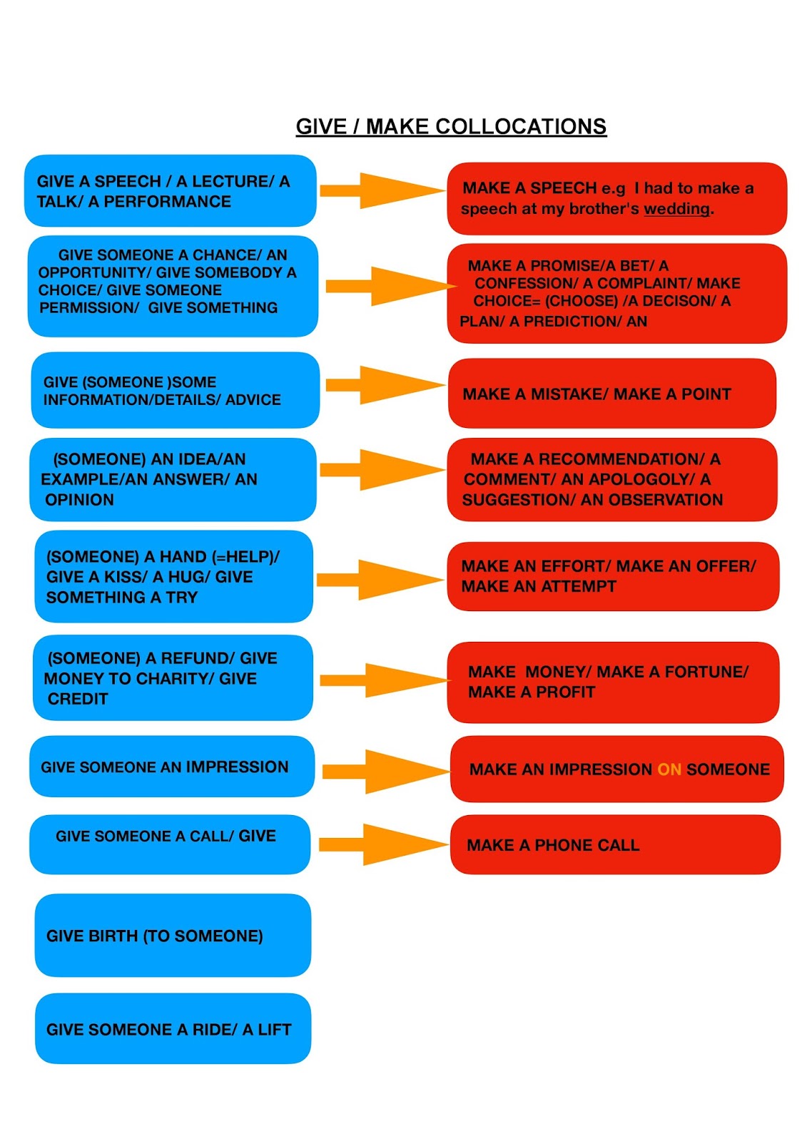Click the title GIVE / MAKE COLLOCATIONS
(x=451, y=127)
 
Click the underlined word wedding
(x=676, y=209)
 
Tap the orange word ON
(x=669, y=769)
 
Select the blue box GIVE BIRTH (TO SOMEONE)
(x=173, y=935)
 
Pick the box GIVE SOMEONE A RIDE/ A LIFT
(x=173, y=1028)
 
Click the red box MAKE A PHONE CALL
(x=614, y=844)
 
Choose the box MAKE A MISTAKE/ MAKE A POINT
(x=611, y=394)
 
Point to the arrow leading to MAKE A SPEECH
(x=382, y=190)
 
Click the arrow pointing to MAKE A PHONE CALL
(x=383, y=844)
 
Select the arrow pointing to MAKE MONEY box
(x=383, y=680)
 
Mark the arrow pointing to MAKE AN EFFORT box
(x=380, y=578)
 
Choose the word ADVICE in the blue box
(x=253, y=400)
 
